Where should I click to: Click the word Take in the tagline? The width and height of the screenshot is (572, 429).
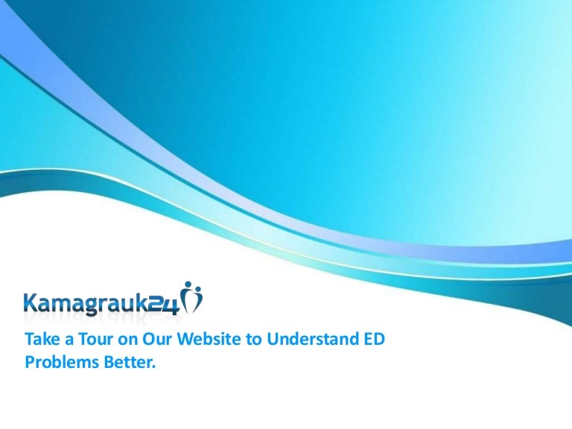[x=42, y=339]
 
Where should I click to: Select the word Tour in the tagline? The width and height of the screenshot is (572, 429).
[x=96, y=339]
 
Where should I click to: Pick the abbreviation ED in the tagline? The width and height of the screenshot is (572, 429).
[x=373, y=339]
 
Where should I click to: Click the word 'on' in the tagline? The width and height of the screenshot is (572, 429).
[x=127, y=340]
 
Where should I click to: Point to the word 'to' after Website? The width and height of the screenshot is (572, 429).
[x=253, y=340]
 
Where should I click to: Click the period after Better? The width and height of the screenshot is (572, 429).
[x=153, y=367]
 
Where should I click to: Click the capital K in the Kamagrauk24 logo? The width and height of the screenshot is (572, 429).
[x=31, y=303]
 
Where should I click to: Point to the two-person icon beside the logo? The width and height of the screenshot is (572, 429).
[x=191, y=297]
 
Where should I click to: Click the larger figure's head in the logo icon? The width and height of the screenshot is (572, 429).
[x=188, y=285]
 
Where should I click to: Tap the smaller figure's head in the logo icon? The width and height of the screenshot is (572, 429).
[x=197, y=290]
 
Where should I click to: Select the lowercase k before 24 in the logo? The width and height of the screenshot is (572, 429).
[x=143, y=303]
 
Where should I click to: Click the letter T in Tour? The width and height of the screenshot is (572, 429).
[x=83, y=339]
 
